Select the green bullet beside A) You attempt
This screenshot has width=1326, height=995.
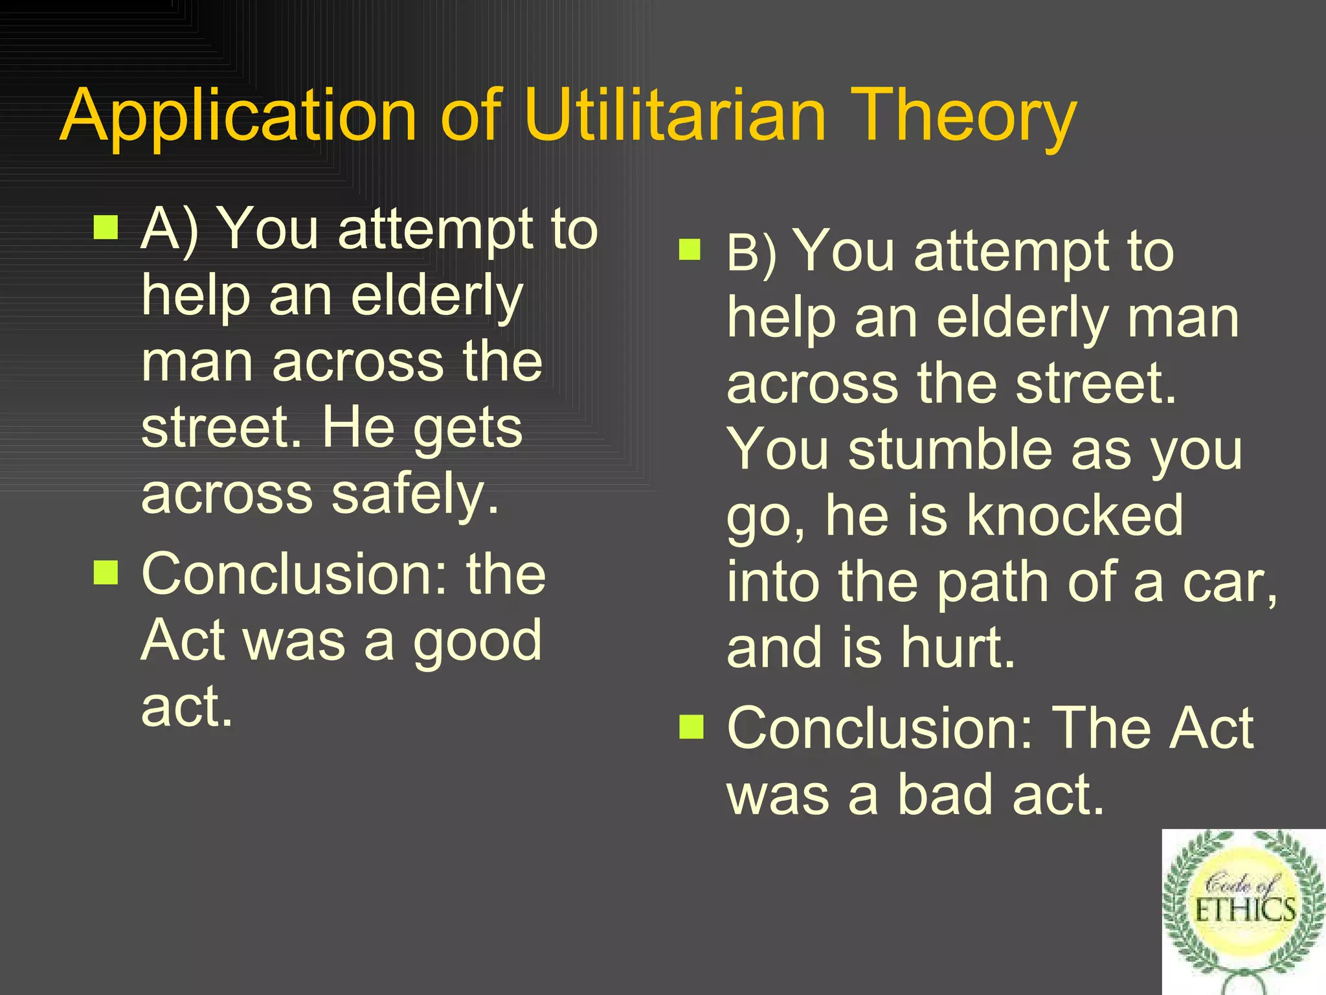point(106,227)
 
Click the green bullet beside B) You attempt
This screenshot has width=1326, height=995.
point(690,249)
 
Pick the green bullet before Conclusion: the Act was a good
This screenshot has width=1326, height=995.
point(106,572)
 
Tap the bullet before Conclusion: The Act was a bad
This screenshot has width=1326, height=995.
point(691,726)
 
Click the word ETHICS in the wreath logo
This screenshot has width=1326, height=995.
point(1244,910)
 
